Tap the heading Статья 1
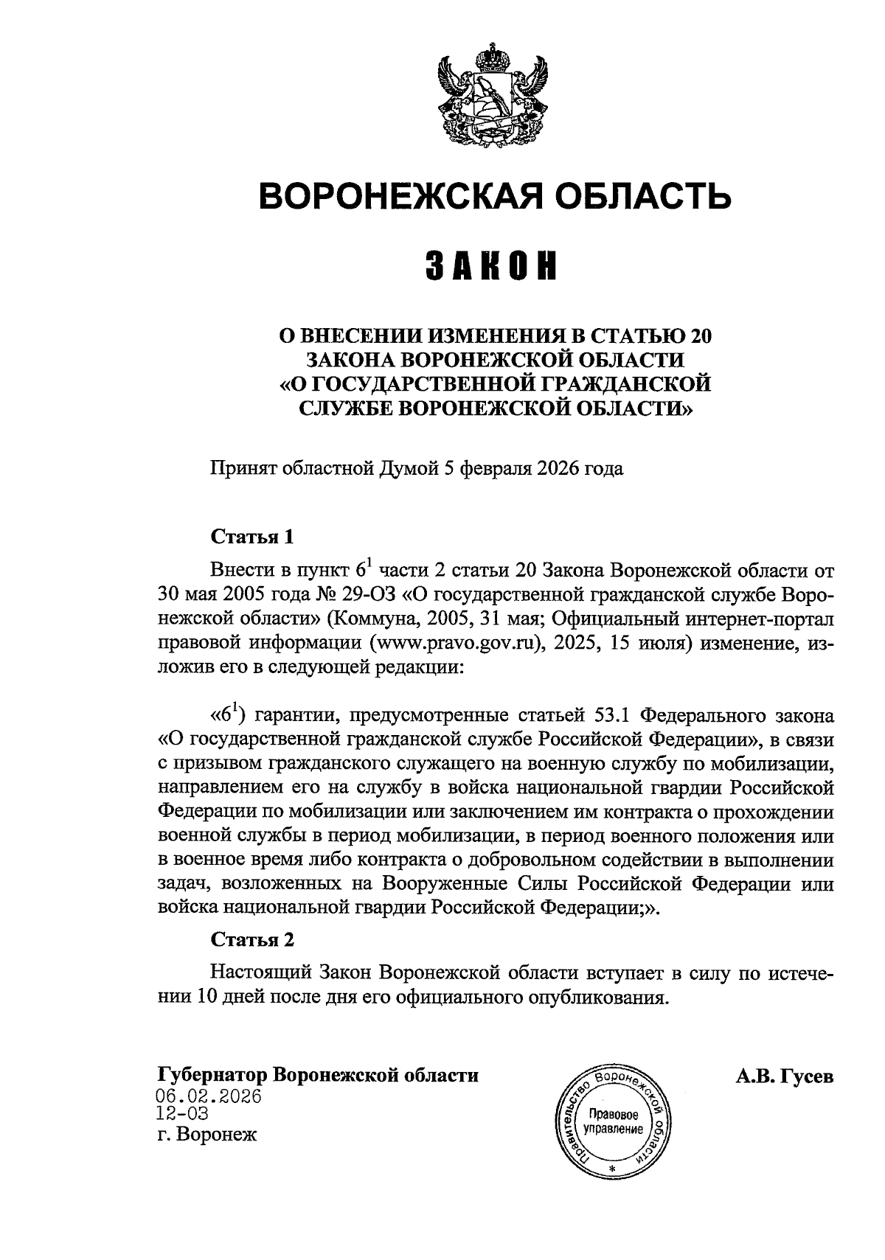(252, 537)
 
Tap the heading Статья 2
(252, 939)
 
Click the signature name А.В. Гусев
(784, 1076)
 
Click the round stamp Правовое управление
(611, 1114)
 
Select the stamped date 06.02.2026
(210, 1096)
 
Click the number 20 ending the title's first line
(701, 337)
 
